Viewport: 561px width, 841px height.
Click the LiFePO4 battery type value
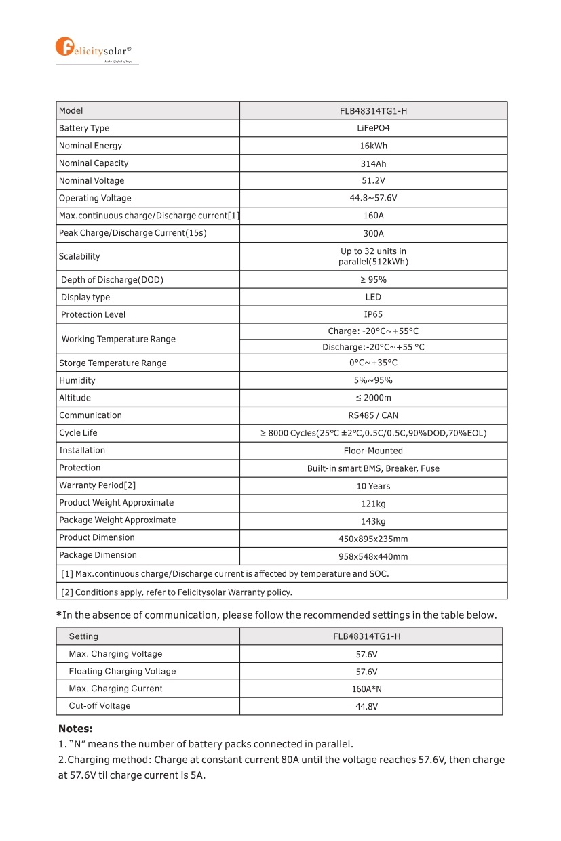[373, 128]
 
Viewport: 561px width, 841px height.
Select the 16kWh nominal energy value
[373, 146]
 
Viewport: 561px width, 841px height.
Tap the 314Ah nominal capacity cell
[373, 163]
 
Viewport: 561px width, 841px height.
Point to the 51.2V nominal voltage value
[373, 181]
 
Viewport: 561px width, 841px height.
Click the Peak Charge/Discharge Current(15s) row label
[132, 233]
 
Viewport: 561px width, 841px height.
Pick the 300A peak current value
[373, 233]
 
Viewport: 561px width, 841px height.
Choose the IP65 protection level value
[373, 314]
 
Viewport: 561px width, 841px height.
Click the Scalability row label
[79, 256]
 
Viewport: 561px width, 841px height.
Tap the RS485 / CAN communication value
[373, 415]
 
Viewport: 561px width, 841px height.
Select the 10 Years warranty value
[373, 486]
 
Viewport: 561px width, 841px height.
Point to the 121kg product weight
[373, 504]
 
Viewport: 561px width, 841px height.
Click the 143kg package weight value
[373, 521]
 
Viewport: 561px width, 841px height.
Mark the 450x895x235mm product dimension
[373, 539]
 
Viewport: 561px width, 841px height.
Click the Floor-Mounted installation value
[373, 451]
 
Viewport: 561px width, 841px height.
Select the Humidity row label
[77, 380]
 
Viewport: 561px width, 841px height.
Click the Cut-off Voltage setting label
[100, 705]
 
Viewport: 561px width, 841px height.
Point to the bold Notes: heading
[75, 729]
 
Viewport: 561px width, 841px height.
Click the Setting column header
[83, 636]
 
